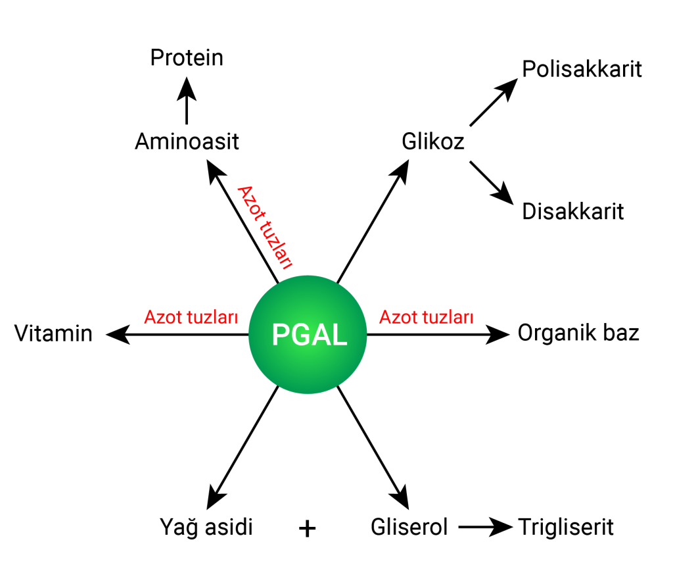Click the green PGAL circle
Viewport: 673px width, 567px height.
[x=308, y=335]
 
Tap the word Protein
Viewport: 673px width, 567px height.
[x=187, y=58]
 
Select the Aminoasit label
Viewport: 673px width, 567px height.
[x=187, y=142]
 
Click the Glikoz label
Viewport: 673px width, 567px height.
[x=433, y=142]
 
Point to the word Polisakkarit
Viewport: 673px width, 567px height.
[x=582, y=70]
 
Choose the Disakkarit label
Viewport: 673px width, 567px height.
[x=572, y=212]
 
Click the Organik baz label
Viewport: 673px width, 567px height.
[x=578, y=333]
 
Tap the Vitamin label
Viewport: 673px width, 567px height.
[x=53, y=334]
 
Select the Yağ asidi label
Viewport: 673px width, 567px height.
[x=206, y=527]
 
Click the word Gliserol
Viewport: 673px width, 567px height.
[x=409, y=527]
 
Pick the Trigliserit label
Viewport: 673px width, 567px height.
[x=566, y=527]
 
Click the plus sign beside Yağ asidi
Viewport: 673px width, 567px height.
[x=307, y=528]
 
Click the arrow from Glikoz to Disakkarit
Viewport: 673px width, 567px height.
[x=492, y=182]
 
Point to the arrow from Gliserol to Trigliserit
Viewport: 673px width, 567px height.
[x=485, y=527]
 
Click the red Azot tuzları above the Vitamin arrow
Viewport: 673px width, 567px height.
[x=191, y=318]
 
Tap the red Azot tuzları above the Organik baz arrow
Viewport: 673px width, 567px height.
[x=427, y=318]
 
